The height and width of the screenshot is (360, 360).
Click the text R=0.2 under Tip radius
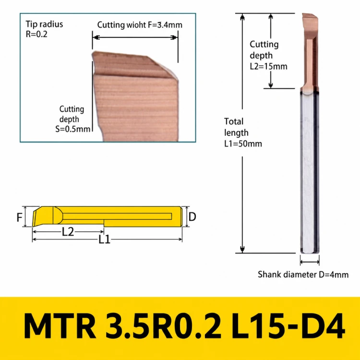click(36, 34)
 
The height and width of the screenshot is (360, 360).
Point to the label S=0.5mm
click(73, 129)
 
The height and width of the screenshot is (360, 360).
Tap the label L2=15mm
click(269, 67)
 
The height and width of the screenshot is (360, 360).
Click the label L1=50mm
click(243, 144)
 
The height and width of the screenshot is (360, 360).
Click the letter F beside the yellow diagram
click(20, 217)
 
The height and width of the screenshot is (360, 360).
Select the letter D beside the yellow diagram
click(192, 216)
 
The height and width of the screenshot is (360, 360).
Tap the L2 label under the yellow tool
click(68, 232)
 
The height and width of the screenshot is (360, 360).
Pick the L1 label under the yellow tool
click(105, 240)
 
